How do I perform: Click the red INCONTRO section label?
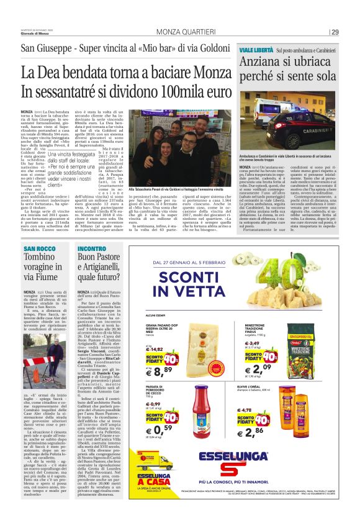point(92,248)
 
